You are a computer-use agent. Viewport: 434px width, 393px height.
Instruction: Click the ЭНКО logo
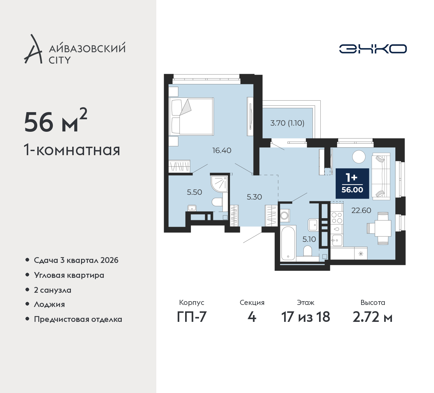coord(373,49)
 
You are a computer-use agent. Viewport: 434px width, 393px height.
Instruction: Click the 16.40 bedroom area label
coord(222,150)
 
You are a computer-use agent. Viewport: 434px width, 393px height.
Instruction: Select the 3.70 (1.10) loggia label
coord(287,123)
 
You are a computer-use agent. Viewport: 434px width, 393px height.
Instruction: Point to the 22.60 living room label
coord(361,210)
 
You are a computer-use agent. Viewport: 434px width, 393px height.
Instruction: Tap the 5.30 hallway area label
coord(254,197)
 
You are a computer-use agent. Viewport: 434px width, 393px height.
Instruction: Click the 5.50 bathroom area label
coord(194,192)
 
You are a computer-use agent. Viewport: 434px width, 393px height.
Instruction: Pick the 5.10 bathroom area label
coord(309,239)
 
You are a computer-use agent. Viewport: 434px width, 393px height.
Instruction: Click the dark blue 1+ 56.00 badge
coord(352,184)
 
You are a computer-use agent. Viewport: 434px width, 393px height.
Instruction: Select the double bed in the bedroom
coord(191,117)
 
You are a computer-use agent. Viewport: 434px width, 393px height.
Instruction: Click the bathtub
coord(288,243)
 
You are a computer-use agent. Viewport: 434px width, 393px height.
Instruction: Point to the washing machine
coord(285,215)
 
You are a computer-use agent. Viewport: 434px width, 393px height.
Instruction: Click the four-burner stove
coord(337,218)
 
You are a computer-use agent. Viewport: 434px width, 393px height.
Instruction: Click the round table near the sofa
coord(359,157)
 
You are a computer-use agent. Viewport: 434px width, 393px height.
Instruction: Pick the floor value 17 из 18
coord(305,317)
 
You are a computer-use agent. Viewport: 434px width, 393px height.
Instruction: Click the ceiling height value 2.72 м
coord(373,317)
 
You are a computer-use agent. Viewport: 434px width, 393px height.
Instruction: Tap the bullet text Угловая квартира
coord(69,275)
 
